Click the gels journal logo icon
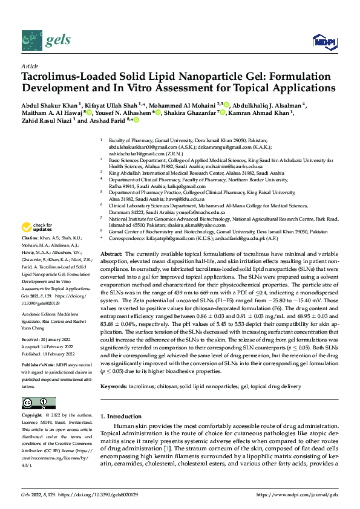31,41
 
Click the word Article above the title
29,66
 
